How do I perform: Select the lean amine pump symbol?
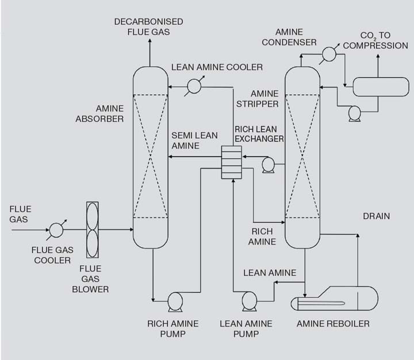click(249, 300)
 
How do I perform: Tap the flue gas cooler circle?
click(56, 231)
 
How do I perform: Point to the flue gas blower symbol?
click(93, 231)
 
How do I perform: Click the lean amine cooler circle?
click(194, 86)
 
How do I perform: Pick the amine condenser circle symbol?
click(328, 53)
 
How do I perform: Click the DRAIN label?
click(376, 216)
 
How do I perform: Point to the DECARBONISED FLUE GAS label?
click(148, 26)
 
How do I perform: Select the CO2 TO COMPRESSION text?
click(375, 40)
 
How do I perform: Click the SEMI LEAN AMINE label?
click(194, 140)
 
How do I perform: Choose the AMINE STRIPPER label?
click(257, 98)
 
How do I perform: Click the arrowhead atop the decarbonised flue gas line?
click(149, 44)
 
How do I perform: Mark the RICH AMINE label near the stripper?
click(262, 236)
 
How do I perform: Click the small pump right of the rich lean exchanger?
click(267, 165)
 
